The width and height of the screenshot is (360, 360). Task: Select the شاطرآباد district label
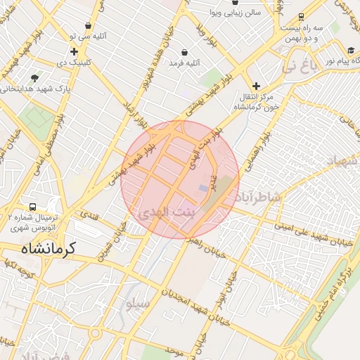click(x=259, y=196)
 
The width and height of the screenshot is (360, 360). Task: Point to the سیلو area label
click(x=136, y=304)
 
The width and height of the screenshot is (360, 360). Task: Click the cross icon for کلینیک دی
click(x=74, y=51)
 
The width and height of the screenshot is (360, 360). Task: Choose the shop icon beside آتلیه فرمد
click(x=184, y=52)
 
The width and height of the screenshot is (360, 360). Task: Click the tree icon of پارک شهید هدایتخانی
click(x=35, y=77)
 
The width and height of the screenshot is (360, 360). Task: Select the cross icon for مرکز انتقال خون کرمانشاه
click(x=256, y=86)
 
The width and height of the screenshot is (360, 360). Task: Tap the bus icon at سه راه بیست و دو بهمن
click(x=301, y=16)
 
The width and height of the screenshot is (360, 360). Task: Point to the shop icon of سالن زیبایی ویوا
click(x=213, y=13)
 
